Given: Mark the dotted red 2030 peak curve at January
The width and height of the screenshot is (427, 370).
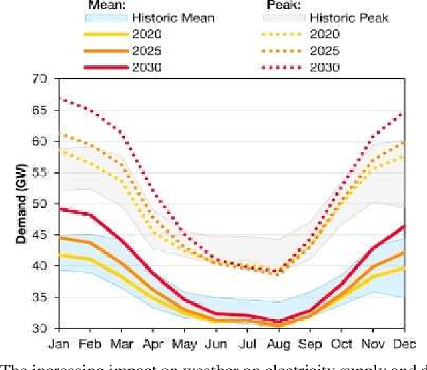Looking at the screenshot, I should (60, 99).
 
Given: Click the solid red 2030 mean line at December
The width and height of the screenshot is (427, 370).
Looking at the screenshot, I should (403, 226).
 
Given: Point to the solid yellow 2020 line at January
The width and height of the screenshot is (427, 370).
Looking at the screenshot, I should (60, 254).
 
